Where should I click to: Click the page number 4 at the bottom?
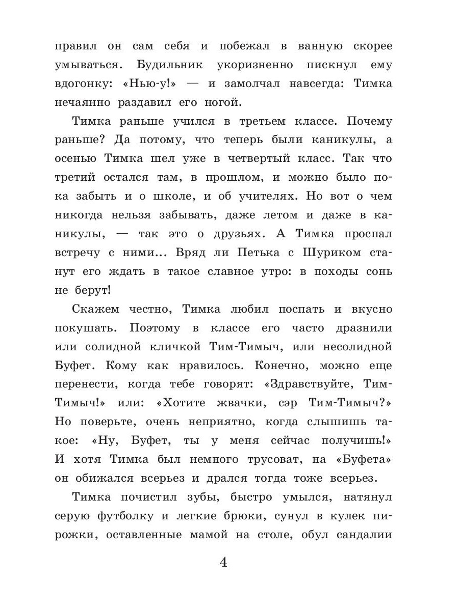223,563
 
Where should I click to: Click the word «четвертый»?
262,158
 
